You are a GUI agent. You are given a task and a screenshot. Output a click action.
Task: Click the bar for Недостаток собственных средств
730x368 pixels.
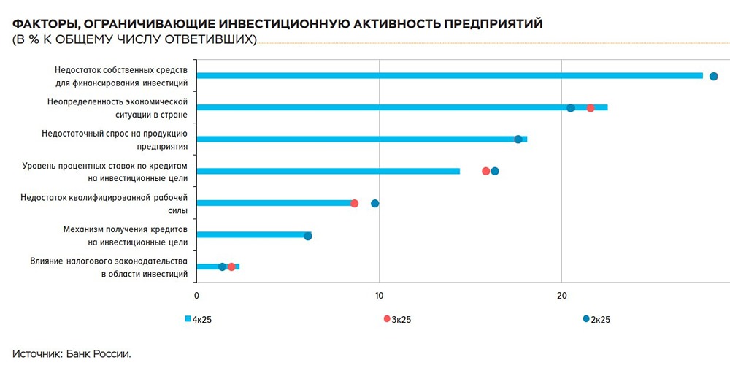click(449, 76)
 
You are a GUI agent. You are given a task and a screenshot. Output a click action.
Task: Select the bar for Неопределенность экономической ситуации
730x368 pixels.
click(401, 107)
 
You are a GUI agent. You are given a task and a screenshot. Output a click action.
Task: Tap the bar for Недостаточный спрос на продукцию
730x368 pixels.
click(361, 139)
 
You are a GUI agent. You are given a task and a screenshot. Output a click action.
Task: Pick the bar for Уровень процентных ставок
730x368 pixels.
click(328, 171)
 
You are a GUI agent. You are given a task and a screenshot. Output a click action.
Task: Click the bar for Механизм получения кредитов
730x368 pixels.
click(252, 235)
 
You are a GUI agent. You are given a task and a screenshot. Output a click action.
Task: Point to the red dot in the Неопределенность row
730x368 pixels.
click(591, 108)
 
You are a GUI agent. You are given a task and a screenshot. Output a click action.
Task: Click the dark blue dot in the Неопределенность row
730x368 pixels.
click(571, 108)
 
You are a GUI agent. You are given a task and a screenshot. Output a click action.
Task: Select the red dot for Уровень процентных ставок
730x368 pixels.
click(486, 171)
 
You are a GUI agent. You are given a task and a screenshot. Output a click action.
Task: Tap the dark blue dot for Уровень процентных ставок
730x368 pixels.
click(495, 171)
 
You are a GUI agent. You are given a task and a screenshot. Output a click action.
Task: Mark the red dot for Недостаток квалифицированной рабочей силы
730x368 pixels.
click(355, 203)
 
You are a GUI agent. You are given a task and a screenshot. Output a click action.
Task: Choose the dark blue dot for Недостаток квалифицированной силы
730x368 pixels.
click(375, 203)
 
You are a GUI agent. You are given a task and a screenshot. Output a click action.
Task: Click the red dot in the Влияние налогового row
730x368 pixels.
click(231, 267)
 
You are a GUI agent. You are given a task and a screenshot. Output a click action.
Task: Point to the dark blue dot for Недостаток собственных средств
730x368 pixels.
click(714, 76)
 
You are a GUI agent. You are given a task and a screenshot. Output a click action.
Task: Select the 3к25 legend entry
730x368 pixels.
click(399, 319)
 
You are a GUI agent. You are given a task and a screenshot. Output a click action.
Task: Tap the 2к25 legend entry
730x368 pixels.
click(597, 319)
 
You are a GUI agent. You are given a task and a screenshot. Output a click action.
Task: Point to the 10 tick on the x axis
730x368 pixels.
click(378, 295)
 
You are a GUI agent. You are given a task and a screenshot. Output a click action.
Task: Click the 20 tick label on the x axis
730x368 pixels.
click(561, 295)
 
